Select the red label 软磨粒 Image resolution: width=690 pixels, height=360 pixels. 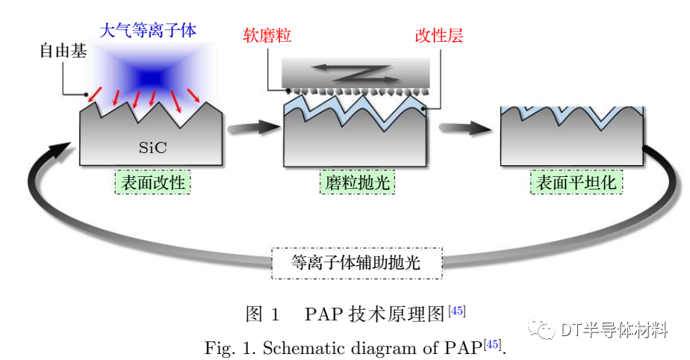pyautogui.click(x=267, y=36)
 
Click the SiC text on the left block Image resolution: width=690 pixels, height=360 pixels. pyautogui.click(x=152, y=148)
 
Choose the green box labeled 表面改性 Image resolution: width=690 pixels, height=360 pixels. pyautogui.click(x=153, y=183)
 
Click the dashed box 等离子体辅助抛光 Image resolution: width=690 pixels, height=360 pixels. pyautogui.click(x=356, y=263)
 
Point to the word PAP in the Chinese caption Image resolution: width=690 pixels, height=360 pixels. pyautogui.click(x=323, y=314)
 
